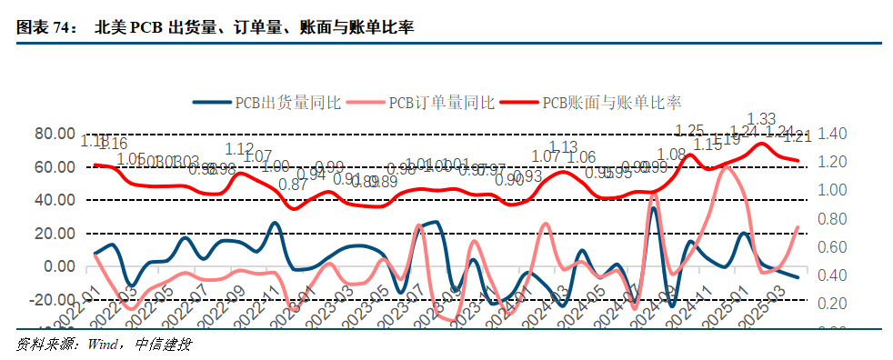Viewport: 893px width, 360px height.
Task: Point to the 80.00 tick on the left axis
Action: tap(56, 134)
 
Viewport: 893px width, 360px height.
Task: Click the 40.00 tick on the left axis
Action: tap(56, 200)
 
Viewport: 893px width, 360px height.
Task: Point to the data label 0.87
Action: tap(293, 185)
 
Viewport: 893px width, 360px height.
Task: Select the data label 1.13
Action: tap(563, 147)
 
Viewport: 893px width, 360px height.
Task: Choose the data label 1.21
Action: tap(797, 137)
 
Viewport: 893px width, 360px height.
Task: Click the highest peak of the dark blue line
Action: tap(653, 209)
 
